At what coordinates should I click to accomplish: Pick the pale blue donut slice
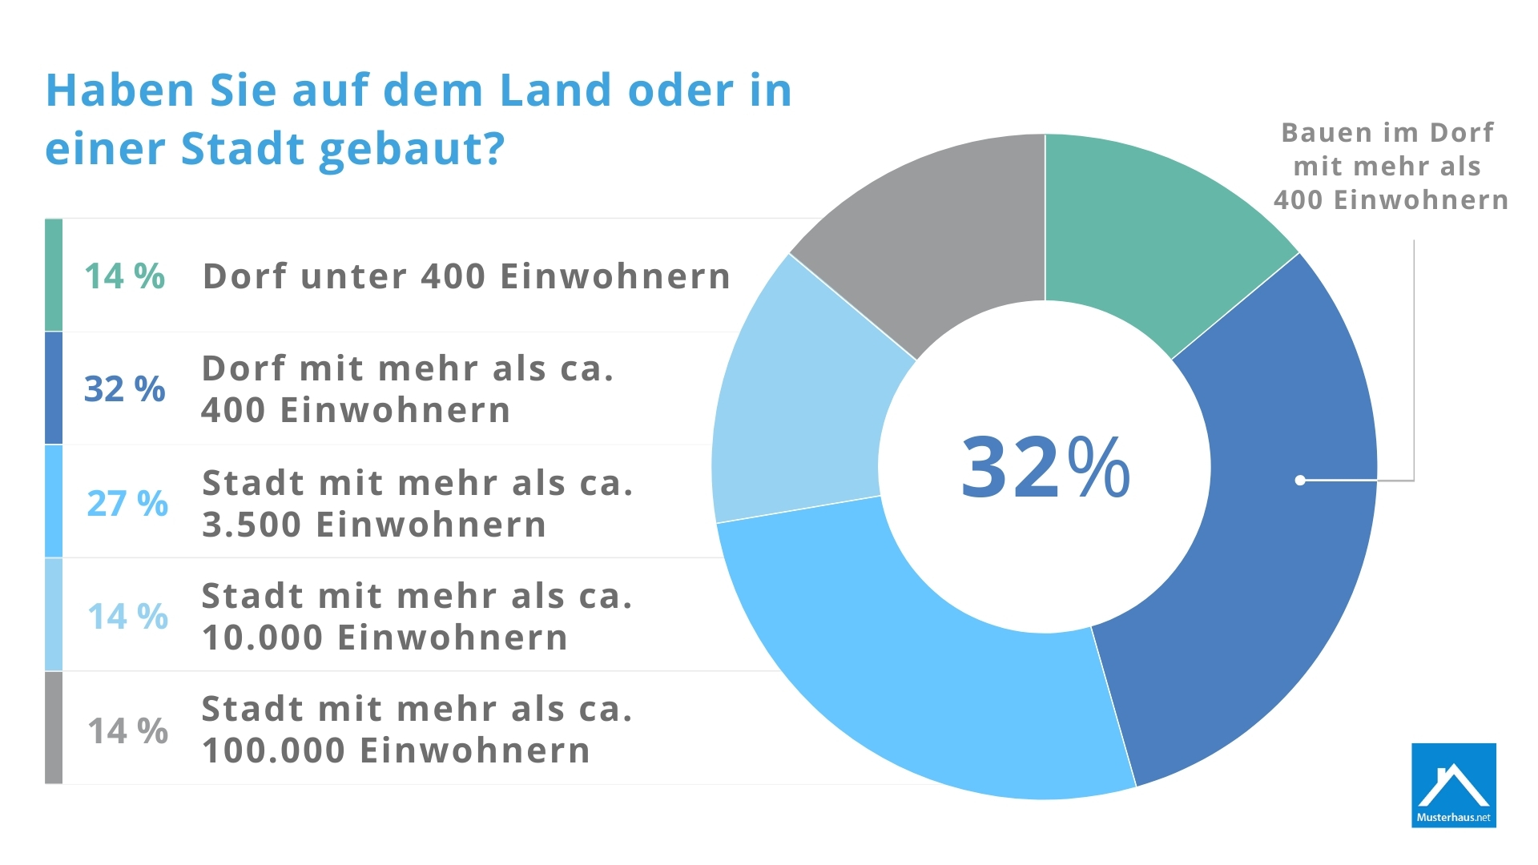click(x=801, y=400)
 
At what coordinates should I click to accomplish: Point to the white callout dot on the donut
click(x=1300, y=481)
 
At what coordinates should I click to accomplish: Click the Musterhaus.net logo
click(x=1453, y=785)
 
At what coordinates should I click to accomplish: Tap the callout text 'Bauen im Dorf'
click(x=1387, y=133)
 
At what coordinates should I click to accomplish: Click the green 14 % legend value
click(x=125, y=276)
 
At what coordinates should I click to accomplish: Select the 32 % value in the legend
click(x=125, y=389)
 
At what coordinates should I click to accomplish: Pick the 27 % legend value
click(x=127, y=504)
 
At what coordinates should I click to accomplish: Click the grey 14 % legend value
click(x=127, y=730)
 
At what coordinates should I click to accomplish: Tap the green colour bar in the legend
click(x=54, y=275)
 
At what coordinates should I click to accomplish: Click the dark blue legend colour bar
click(x=54, y=388)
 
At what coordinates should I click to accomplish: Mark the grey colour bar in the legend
click(x=54, y=727)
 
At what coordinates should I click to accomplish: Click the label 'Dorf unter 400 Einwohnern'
click(x=466, y=276)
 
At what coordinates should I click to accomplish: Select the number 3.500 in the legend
click(x=251, y=525)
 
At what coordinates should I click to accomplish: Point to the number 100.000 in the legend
click(x=273, y=751)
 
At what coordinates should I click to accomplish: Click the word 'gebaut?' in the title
click(x=412, y=150)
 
